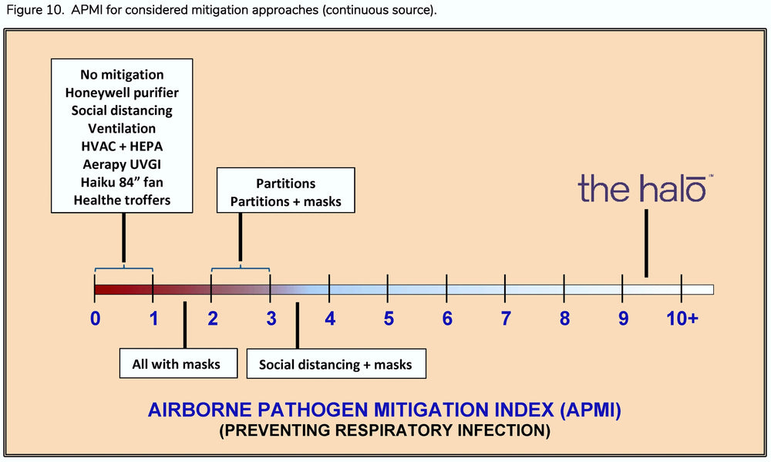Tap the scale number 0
(x=96, y=319)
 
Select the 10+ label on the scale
(x=682, y=319)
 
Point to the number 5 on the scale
(x=389, y=319)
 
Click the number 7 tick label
(x=506, y=319)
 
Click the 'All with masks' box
(x=179, y=363)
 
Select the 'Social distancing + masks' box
(x=336, y=364)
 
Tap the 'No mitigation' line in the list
(x=122, y=75)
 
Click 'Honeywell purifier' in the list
(x=122, y=93)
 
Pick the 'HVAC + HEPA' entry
(x=122, y=147)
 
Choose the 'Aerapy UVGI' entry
(x=122, y=164)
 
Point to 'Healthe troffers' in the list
(x=122, y=201)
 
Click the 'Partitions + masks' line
(x=286, y=202)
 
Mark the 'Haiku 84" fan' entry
(x=122, y=183)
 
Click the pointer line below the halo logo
(x=646, y=243)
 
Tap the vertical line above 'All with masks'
(x=185, y=325)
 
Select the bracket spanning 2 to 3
(x=241, y=268)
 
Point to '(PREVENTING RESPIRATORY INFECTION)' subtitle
(x=385, y=430)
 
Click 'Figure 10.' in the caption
(x=35, y=10)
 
